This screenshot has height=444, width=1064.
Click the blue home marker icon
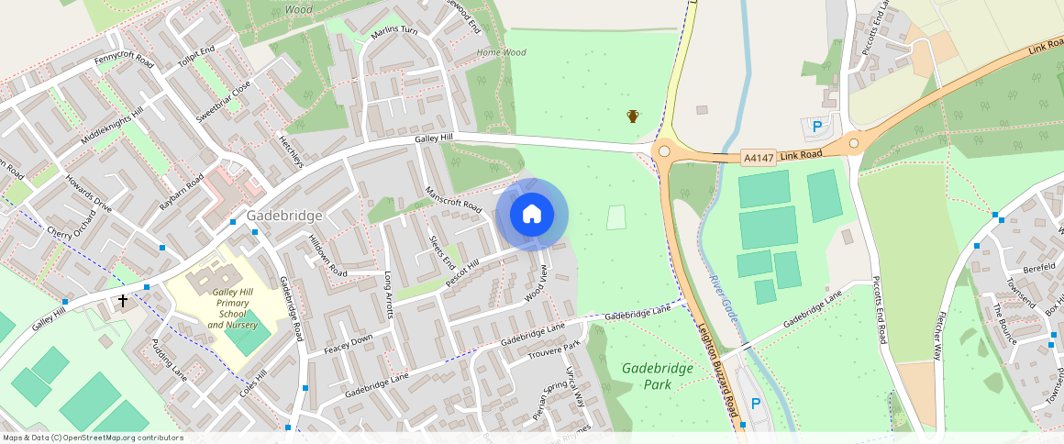click(531, 215)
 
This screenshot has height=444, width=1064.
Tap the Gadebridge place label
click(283, 216)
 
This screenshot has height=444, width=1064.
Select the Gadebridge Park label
click(657, 375)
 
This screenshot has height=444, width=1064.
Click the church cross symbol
click(122, 300)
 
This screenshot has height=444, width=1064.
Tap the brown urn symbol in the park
click(633, 116)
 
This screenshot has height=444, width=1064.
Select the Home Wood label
click(501, 52)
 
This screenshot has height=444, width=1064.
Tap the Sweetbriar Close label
click(223, 103)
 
